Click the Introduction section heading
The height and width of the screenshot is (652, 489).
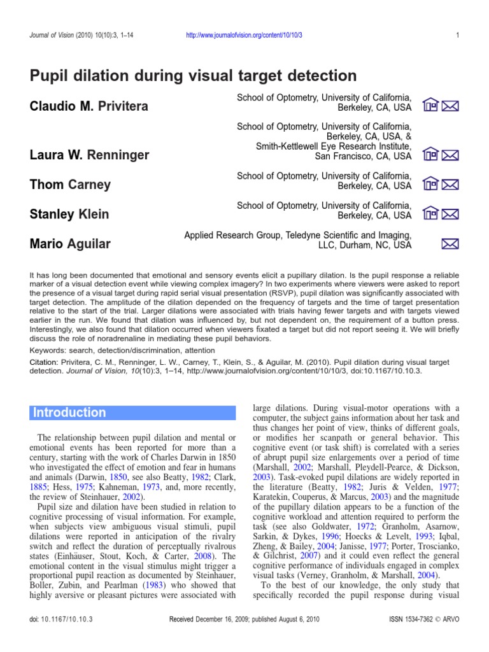pyautogui.click(x=69, y=413)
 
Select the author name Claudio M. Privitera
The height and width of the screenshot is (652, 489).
pyautogui.click(x=89, y=106)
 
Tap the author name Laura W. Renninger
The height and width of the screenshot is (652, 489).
pyautogui.click(x=90, y=155)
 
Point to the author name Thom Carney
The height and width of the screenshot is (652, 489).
pyautogui.click(x=70, y=185)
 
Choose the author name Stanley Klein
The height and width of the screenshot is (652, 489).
pyautogui.click(x=69, y=214)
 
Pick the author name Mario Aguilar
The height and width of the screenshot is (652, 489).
pyautogui.click(x=69, y=243)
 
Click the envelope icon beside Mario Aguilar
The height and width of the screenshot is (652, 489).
pyautogui.click(x=450, y=243)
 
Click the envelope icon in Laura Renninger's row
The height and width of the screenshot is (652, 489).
pyautogui.click(x=450, y=154)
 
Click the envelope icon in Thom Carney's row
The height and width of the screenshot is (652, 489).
pyautogui.click(x=450, y=185)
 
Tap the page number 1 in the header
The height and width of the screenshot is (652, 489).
pyautogui.click(x=458, y=35)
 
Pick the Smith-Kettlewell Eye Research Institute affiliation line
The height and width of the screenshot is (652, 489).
pyautogui.click(x=334, y=146)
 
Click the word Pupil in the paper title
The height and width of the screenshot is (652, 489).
pyautogui.click(x=50, y=76)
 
